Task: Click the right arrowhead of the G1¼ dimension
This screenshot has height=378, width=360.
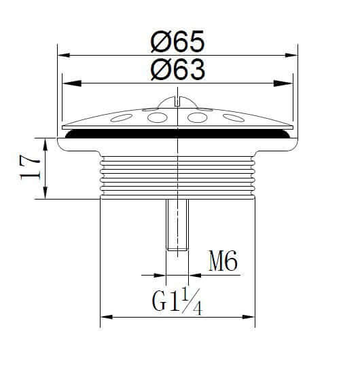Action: pyautogui.click(x=252, y=317)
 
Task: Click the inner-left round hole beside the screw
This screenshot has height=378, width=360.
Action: pyautogui.click(x=158, y=118)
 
